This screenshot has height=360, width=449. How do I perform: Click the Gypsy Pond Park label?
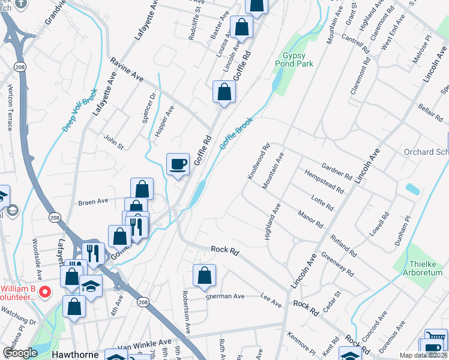pos(294,58)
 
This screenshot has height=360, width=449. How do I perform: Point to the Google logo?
pos(20,353)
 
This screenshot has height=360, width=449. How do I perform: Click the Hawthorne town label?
pos(75,355)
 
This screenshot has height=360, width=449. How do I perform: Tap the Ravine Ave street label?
pos(127,69)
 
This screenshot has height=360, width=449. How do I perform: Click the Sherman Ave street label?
pos(225,296)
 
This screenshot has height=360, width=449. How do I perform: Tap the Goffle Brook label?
pos(236,133)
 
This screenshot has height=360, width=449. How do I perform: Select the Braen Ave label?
pos(92,202)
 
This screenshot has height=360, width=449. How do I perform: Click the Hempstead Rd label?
pos(324,181)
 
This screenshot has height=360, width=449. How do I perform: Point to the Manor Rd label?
pos(311,218)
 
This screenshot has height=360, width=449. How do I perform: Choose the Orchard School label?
pos(426,152)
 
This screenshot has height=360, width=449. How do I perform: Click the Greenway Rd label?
pos(337,262)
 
